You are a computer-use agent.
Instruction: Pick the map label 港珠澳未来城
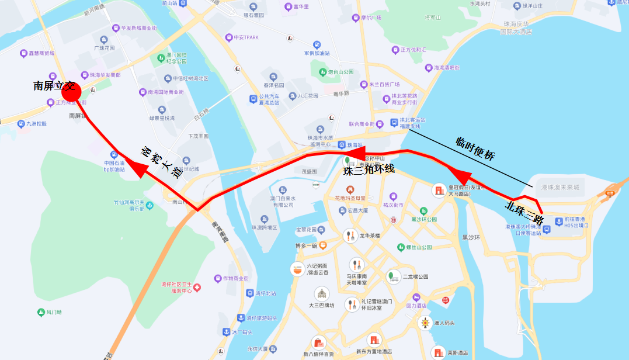(560, 187)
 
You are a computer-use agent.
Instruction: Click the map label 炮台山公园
(340, 72)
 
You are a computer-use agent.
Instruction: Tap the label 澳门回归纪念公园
(176, 57)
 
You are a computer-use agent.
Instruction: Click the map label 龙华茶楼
(370, 236)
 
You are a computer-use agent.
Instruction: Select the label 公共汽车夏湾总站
(269, 99)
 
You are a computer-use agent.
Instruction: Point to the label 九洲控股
(36, 124)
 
